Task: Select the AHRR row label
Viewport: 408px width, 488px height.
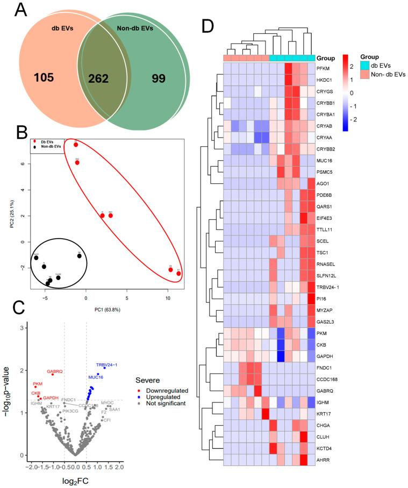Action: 325,459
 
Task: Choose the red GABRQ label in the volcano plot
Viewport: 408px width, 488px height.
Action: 55,371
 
